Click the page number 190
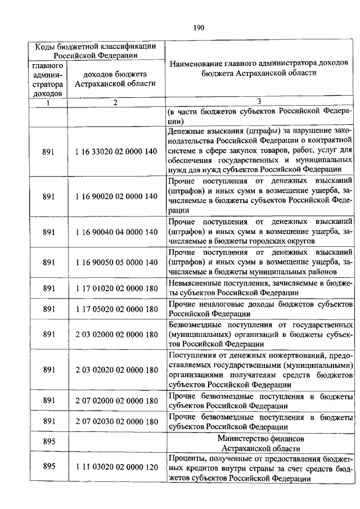point(197,27)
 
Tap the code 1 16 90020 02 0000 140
point(115,196)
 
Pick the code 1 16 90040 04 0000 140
point(115,232)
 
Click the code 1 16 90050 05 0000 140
point(115,262)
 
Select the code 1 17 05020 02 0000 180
point(115,309)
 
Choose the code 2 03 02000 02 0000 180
point(115,334)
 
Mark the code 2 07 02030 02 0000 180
point(115,421)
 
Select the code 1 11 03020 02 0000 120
point(115,467)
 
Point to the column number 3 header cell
point(259,102)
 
